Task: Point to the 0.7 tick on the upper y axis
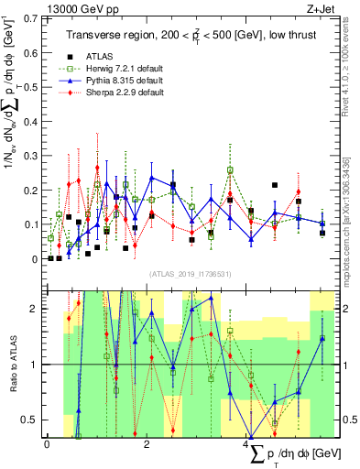(30, 18)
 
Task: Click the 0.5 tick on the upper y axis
(30, 87)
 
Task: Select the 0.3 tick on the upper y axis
(30, 156)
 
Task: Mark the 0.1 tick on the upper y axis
(30, 224)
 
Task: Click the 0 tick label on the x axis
(47, 443)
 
